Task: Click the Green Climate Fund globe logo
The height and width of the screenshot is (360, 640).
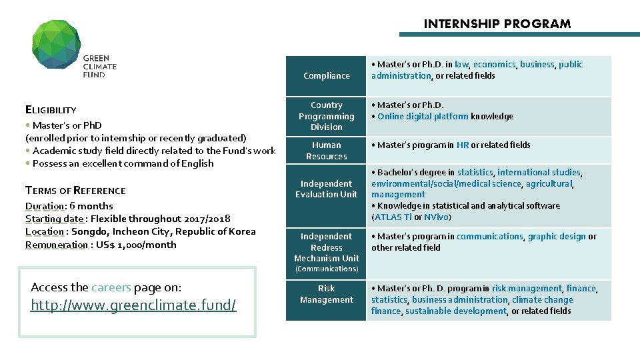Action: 57,44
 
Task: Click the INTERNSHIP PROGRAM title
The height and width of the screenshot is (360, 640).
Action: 497,24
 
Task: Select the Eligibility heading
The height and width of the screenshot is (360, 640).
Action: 51,110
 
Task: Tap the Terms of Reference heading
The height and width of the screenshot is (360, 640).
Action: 75,191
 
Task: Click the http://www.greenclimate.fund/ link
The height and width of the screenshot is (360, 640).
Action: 133,305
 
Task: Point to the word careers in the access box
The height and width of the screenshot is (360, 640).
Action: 111,287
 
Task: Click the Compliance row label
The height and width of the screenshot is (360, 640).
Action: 326,76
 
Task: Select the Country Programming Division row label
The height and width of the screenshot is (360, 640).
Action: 326,116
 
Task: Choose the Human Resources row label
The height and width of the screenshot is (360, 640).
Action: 326,151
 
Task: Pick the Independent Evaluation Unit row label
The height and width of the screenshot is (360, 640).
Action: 326,189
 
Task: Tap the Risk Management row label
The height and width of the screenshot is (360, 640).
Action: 326,294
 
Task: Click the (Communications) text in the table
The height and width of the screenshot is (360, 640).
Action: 326,269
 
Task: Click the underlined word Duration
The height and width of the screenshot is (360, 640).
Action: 45,206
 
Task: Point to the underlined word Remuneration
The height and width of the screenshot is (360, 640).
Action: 57,245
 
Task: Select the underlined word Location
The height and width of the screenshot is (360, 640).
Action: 45,232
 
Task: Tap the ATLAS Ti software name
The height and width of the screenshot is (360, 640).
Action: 393,217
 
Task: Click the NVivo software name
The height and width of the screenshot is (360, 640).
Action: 437,217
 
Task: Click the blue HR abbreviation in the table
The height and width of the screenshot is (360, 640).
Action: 463,145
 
